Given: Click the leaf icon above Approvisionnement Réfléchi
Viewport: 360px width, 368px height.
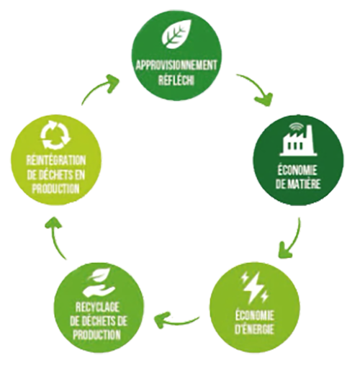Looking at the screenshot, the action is tap(177, 34).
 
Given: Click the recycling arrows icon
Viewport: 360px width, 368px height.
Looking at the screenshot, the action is tap(55, 134).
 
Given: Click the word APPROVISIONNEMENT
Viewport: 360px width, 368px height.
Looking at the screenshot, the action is tap(176, 66).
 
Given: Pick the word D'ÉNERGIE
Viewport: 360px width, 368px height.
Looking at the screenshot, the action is tap(254, 329).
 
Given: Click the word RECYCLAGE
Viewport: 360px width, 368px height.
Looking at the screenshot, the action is tap(97, 308).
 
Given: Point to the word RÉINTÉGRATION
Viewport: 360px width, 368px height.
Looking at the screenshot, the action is tap(56, 161).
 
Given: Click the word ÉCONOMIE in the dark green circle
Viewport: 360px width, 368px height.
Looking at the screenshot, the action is tap(297, 171).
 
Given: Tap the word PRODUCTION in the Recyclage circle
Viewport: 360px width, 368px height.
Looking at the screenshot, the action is tap(97, 335).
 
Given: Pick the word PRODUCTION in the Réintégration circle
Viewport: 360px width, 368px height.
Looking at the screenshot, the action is tap(55, 189).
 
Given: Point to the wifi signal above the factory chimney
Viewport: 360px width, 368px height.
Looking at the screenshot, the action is tap(295, 127).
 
